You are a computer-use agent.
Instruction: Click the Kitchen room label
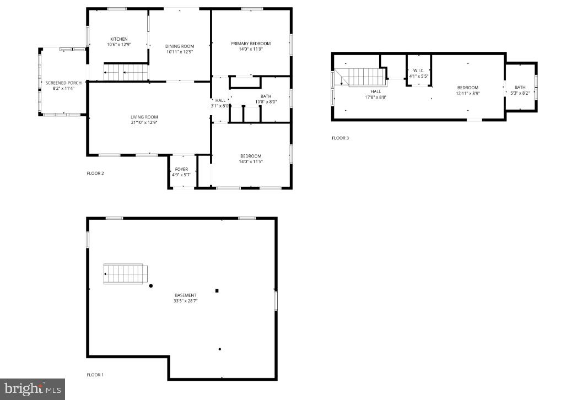pos(118,39)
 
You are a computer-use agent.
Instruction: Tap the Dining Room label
pos(180,46)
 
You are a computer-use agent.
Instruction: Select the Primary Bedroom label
pos(251,43)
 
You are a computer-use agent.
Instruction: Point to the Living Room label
pos(144,117)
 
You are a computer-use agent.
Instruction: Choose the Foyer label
pos(181,169)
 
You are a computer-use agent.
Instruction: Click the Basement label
pos(185,295)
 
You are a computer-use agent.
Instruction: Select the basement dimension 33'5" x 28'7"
pos(185,301)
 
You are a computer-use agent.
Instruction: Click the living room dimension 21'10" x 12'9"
pos(144,122)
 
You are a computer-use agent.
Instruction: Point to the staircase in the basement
pos(126,274)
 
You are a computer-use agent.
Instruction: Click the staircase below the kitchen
pos(126,72)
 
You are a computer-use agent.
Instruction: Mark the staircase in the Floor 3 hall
pos(360,77)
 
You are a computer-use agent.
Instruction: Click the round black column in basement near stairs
pos(151,285)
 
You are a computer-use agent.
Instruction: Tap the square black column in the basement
pos(217,290)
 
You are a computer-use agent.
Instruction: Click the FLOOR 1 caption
pos(95,375)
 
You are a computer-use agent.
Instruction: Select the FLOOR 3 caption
pos(340,138)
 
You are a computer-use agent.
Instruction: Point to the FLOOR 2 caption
pos(95,173)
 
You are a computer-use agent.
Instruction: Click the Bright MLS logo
pos(32,388)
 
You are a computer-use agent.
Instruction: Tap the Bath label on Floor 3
pos(520,88)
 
